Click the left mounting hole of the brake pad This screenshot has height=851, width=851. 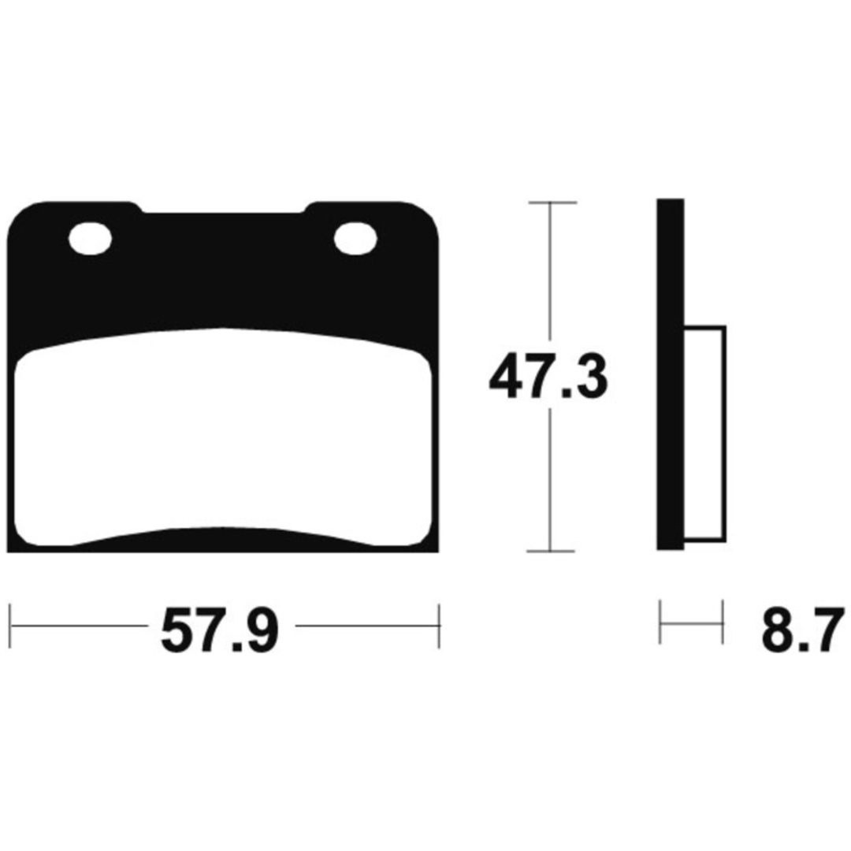tap(90, 238)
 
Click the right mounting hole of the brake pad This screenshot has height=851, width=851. tap(355, 238)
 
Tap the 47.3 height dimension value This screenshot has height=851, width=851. tap(548, 376)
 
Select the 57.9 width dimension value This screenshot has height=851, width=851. tap(220, 630)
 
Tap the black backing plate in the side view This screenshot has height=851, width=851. tap(671, 374)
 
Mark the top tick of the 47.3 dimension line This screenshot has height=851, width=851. tap(552, 203)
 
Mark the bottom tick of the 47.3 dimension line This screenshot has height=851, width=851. tap(551, 552)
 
